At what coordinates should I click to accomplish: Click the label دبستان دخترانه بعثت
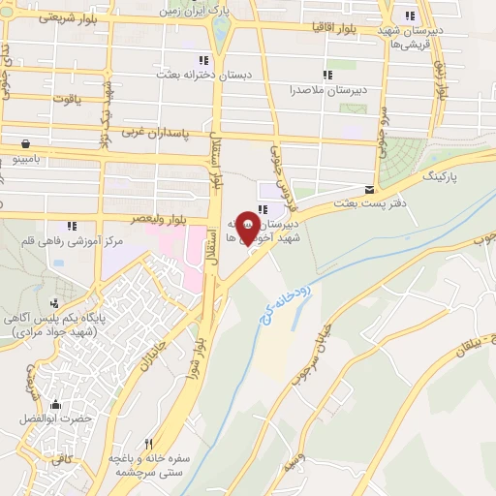pos(203,74)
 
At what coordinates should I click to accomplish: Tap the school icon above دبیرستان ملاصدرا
pos(327,74)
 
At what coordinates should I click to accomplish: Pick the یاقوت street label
pos(64,97)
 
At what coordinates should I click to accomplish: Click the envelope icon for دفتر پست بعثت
pos(369,189)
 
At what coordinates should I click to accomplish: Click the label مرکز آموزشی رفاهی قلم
pos(65,239)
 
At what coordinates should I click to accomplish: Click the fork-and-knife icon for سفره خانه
pos(148,444)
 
